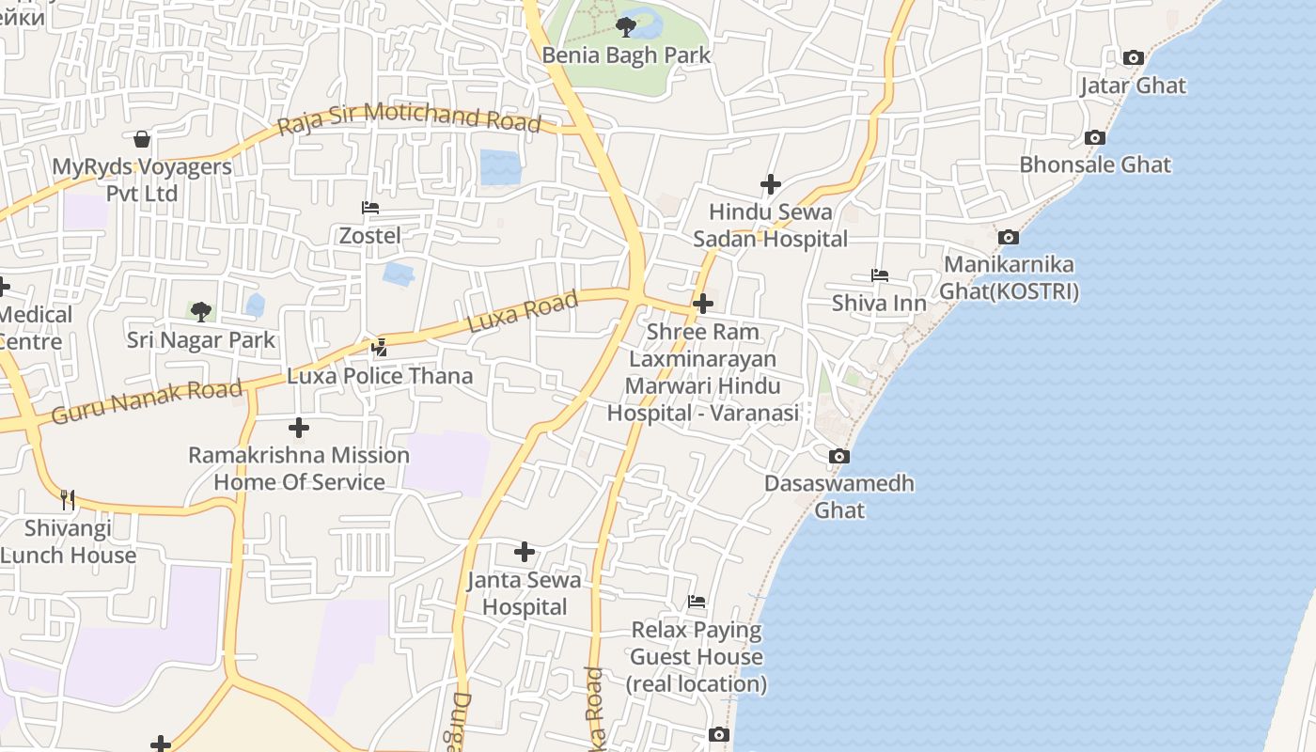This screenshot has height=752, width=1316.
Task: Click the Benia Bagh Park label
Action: click(626, 55)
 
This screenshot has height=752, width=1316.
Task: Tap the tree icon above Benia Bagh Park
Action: click(626, 27)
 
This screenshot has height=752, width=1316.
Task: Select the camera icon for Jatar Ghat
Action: click(1133, 58)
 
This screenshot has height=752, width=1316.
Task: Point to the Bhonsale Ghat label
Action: click(1095, 164)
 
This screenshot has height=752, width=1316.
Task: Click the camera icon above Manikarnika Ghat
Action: click(1009, 237)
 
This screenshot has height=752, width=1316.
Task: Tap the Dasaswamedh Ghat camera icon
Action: click(839, 457)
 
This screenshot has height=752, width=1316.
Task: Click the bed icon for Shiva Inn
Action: click(880, 275)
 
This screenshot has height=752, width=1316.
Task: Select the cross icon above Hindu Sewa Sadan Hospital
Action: click(771, 184)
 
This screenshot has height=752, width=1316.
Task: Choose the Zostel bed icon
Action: click(370, 208)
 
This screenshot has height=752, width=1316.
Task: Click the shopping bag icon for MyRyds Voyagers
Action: click(142, 139)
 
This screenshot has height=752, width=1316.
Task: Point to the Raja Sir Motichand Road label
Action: click(410, 119)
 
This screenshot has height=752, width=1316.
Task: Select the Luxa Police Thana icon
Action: click(380, 348)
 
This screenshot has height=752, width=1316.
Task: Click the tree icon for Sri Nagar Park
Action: click(200, 312)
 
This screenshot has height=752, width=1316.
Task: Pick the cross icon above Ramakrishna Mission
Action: click(299, 428)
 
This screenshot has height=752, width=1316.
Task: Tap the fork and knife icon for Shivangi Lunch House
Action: click(68, 499)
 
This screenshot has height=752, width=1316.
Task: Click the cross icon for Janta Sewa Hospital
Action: click(525, 552)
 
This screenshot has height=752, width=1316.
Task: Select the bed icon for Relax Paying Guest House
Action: click(697, 602)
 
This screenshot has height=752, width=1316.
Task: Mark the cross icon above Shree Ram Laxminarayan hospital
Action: click(702, 304)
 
